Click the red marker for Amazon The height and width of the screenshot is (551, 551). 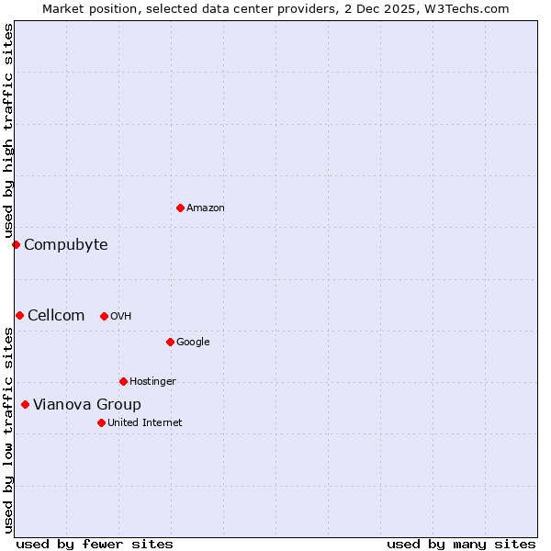click(180, 208)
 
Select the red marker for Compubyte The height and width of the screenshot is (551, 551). click(16, 244)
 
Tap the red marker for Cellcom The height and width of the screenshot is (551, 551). click(19, 315)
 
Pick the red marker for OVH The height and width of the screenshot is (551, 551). click(104, 316)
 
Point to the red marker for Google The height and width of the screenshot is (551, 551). click(170, 342)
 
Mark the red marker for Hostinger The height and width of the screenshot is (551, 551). click(123, 381)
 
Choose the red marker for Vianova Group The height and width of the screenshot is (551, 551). click(25, 404)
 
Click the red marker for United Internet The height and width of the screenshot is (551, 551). click(101, 422)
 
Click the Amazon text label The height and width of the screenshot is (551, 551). click(206, 208)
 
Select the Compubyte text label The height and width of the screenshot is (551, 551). click(65, 244)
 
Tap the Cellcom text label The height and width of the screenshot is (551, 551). click(56, 315)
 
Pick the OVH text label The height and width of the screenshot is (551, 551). click(121, 317)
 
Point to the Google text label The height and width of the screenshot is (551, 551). click(193, 343)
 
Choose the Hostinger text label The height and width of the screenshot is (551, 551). click(152, 382)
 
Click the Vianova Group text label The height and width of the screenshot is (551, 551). click(87, 404)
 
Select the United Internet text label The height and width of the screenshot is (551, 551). click(145, 423)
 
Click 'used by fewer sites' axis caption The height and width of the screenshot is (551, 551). click(95, 544)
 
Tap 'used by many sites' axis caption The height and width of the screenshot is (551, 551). click(461, 544)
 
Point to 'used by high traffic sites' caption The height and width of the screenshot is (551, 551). click(8, 131)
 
